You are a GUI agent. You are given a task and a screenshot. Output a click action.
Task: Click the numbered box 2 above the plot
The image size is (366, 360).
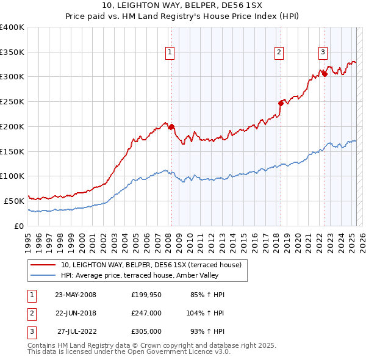pos(279,53)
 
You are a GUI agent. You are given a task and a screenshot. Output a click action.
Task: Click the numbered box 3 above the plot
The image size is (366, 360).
pos(323,53)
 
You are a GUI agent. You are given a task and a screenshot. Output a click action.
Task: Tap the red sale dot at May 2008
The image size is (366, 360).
pos(171,127)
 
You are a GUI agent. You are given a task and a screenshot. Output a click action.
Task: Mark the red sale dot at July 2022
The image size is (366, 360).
pos(325,74)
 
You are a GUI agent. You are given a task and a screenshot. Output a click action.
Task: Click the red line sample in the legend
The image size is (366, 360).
pos(43,265)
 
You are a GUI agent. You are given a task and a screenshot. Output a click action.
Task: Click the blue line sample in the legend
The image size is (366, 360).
pos(43,275)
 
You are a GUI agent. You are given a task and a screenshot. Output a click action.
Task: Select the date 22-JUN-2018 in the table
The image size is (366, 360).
pos(76,313)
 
